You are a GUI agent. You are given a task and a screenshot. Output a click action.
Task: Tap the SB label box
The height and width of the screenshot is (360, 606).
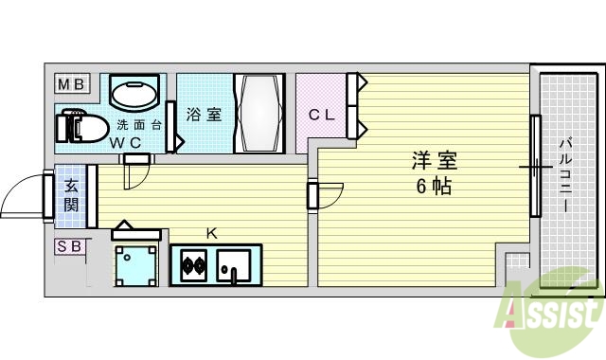pos(70,247)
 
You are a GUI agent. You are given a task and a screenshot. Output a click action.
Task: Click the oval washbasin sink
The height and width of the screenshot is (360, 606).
pos(136,94)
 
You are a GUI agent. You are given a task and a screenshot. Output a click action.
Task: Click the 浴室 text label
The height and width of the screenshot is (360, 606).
pos(203,115)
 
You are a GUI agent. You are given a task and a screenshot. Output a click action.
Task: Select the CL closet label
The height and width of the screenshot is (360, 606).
pos(321,115)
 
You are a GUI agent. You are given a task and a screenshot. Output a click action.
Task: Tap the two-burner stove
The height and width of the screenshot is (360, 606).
pos(193,263)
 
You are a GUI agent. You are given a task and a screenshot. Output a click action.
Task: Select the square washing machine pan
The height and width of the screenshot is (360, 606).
pos(135,264)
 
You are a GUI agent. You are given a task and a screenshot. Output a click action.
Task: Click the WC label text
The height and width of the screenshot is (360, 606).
pos(124,143)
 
